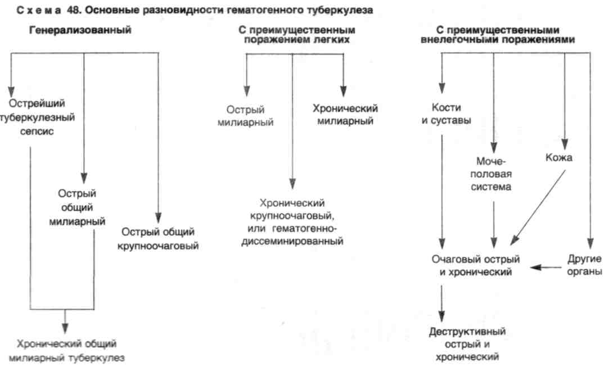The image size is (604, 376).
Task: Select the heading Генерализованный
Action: [80, 30]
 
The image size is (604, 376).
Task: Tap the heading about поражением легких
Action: [296, 35]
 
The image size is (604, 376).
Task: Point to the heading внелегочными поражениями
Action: [498, 35]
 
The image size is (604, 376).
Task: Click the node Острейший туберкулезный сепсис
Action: [37, 117]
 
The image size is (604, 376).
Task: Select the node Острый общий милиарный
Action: [77, 207]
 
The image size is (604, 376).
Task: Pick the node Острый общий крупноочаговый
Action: [158, 239]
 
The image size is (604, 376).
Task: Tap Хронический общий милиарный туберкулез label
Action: [66, 351]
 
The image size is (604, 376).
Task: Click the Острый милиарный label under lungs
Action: [245, 116]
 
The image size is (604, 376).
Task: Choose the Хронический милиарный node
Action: [345, 114]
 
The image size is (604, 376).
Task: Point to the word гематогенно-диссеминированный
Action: [292, 235]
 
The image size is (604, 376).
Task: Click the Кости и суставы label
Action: [446, 114]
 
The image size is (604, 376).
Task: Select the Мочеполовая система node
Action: [491, 174]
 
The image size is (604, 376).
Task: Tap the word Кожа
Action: [559, 157]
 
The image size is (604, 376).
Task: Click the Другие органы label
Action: [584, 265]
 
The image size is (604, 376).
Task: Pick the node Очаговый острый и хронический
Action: [476, 265]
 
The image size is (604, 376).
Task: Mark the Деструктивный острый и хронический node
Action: [467, 344]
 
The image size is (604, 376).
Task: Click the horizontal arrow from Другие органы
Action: [546, 267]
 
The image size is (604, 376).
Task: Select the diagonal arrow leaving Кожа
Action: [538, 208]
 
